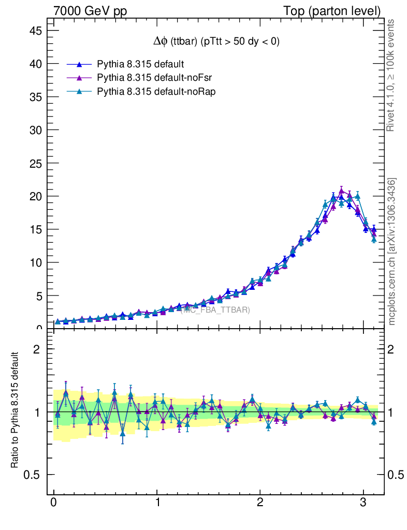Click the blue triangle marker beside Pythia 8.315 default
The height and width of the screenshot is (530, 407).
79,64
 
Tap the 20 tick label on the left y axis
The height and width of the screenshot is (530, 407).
35,196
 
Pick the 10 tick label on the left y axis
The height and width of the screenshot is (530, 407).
35,262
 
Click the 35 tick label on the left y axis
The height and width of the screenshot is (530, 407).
35,97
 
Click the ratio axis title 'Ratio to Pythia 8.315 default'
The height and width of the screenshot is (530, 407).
15,410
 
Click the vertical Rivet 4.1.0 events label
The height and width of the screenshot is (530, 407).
391,76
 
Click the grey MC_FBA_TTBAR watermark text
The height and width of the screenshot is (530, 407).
216,310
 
